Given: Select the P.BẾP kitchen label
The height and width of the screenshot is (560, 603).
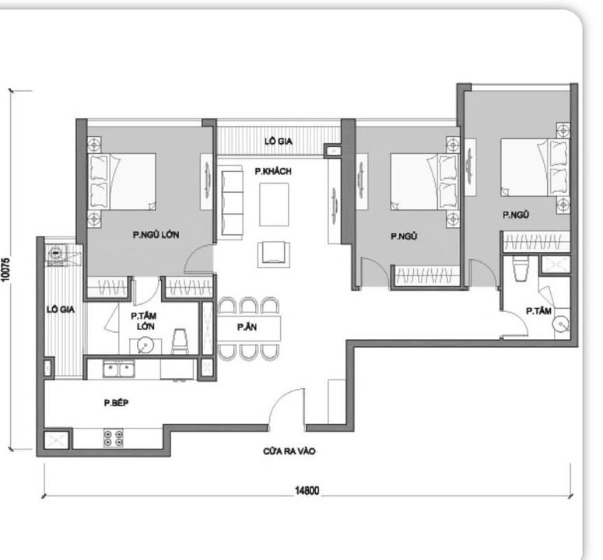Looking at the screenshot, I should coord(117,403).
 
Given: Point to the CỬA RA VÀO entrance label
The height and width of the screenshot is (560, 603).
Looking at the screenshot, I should coord(289,450).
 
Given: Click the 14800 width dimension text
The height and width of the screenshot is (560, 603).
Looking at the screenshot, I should coord(307,492).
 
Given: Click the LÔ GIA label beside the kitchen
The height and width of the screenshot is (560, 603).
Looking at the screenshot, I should coord(60,309).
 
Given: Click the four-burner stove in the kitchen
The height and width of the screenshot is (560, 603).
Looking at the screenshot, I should coord(114,438).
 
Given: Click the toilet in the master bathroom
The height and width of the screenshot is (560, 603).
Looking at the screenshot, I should coord(179,341).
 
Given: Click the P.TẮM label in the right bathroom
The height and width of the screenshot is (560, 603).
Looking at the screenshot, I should coord(538,310).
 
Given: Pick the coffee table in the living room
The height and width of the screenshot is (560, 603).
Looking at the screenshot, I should coord(274,203).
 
